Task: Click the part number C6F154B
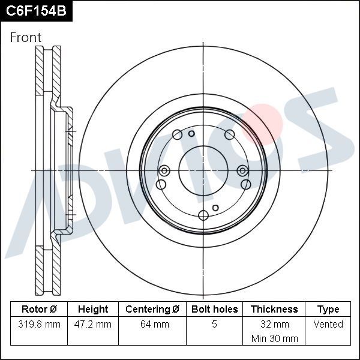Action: coord(35,11)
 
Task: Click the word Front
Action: coord(26,38)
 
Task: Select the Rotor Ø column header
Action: coord(39,310)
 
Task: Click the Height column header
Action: coord(93,310)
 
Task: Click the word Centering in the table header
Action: coord(147,310)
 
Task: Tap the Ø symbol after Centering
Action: coord(176,310)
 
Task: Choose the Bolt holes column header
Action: coord(215,310)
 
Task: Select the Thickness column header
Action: coord(274,310)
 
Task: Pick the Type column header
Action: coord(328,310)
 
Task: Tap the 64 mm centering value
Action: coord(154,325)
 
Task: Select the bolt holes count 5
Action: coord(215,325)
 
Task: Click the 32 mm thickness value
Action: coord(274,325)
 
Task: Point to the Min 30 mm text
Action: coord(274,339)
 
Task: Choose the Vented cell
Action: coord(328,325)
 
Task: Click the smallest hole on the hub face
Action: coord(191,133)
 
